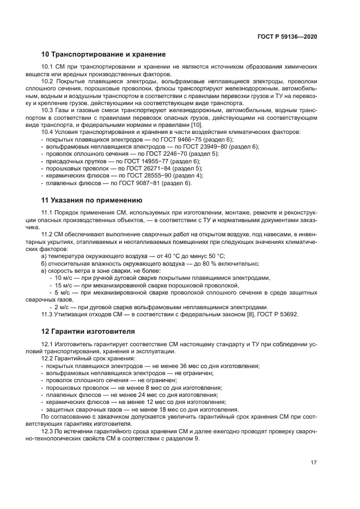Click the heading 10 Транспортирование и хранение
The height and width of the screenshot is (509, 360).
coord(103,54)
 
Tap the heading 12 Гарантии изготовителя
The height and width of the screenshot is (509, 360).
coord(89,331)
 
